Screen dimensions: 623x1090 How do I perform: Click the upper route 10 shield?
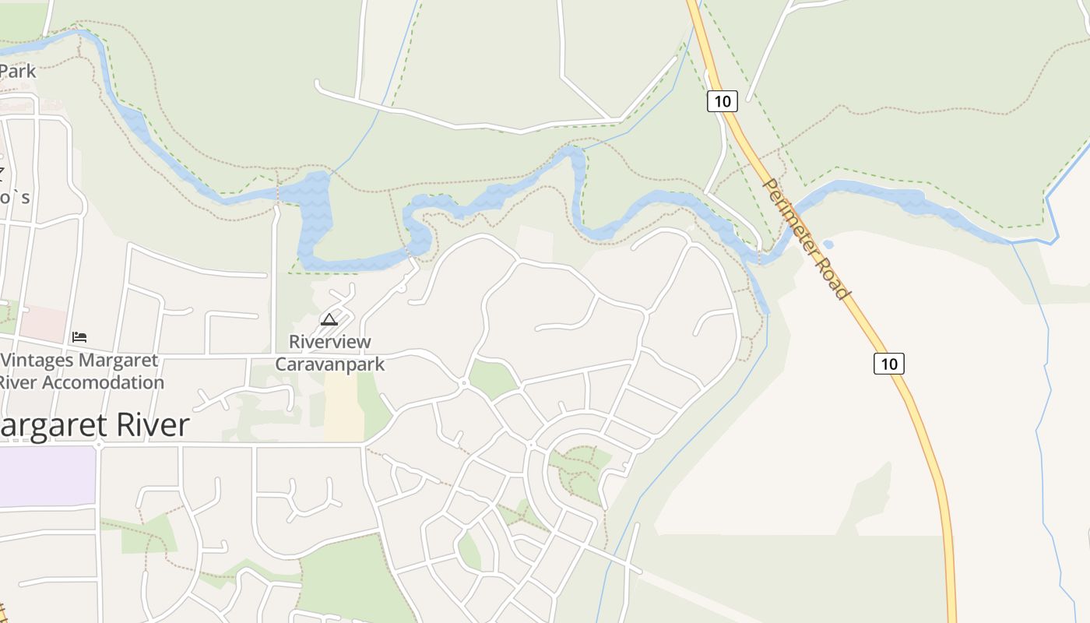click(x=723, y=100)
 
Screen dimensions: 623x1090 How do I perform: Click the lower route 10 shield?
click(x=888, y=363)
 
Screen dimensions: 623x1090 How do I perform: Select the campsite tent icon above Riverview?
click(x=329, y=319)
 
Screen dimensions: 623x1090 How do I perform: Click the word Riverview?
click(x=330, y=342)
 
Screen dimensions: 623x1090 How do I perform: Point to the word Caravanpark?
click(x=330, y=364)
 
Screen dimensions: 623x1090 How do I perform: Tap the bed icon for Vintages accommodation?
click(x=79, y=337)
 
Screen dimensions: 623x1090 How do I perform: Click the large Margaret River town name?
click(x=93, y=425)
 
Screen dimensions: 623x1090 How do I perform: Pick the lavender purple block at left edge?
click(x=47, y=475)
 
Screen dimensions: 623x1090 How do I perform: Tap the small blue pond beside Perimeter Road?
click(x=828, y=245)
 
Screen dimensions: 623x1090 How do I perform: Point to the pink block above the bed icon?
click(x=43, y=322)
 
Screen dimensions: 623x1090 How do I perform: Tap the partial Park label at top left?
click(x=17, y=71)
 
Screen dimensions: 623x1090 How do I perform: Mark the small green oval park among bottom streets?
click(x=469, y=551)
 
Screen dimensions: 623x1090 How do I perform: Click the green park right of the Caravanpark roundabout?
click(x=493, y=378)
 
